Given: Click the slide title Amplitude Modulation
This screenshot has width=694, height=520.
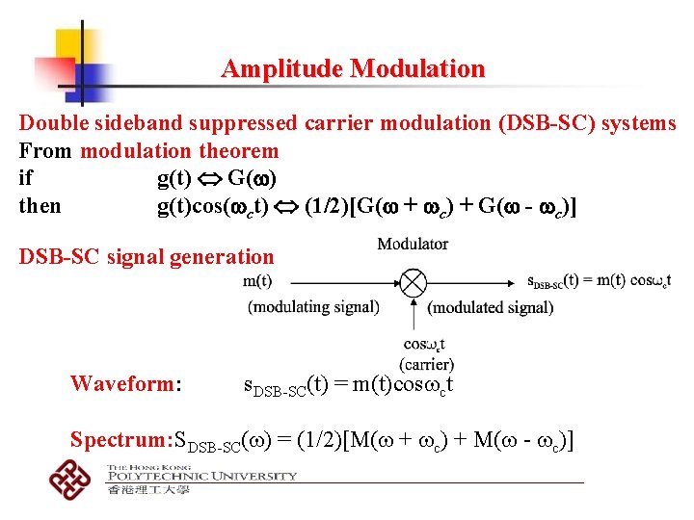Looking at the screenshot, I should tap(353, 69).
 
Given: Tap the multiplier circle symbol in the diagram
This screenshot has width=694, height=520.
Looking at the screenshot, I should tap(413, 283).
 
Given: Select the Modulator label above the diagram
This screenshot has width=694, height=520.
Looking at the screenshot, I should tap(413, 245).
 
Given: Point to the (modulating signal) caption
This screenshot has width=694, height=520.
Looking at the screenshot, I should tap(313, 307).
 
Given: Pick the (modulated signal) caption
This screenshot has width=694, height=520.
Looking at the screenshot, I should tap(491, 307).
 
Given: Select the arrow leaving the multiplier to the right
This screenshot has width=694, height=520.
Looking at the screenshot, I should tap(472, 283).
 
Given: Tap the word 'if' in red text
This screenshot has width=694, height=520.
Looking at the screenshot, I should tap(26, 178).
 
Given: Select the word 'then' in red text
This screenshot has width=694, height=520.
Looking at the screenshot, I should tap(40, 206).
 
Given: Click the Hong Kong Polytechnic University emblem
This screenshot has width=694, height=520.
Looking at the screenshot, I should tap(71, 479).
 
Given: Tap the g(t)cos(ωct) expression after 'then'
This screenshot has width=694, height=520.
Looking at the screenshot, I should tap(213, 206).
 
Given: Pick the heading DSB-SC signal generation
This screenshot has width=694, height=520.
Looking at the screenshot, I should tap(147, 256).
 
